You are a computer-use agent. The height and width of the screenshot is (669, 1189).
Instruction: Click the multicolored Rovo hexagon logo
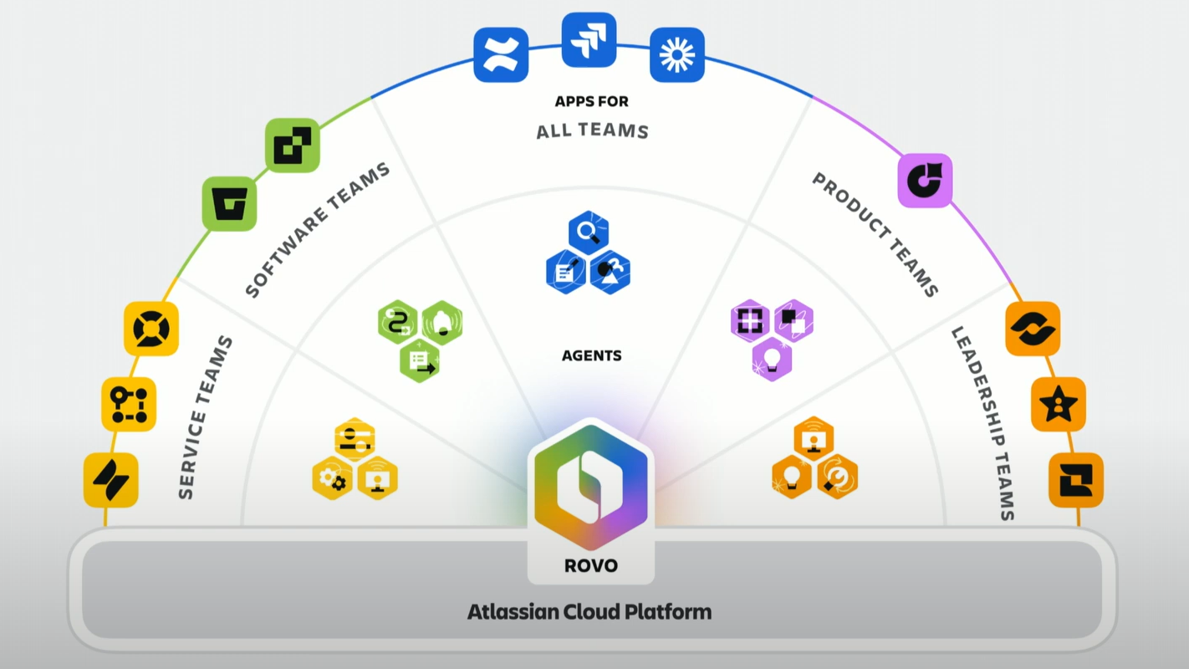pyautogui.click(x=591, y=485)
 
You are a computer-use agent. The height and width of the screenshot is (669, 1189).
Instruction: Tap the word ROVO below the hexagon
pyautogui.click(x=591, y=565)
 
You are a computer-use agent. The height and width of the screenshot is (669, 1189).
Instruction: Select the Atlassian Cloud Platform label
pyautogui.click(x=589, y=611)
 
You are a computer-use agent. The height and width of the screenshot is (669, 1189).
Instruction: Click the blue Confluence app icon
pyautogui.click(x=501, y=55)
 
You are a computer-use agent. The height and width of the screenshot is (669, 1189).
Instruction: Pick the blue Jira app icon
pyautogui.click(x=589, y=39)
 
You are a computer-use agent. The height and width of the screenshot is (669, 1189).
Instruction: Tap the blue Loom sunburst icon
pyautogui.click(x=676, y=55)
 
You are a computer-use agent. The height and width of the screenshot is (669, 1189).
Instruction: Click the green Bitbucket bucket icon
pyautogui.click(x=230, y=204)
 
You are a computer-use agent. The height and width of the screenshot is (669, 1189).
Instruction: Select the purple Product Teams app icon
pyautogui.click(x=925, y=181)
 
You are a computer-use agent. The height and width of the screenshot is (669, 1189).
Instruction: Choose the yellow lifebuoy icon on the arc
pyautogui.click(x=151, y=329)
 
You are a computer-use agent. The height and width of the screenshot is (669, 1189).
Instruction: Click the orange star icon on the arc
pyautogui.click(x=1058, y=405)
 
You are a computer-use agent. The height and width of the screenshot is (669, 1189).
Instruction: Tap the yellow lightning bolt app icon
pyautogui.click(x=111, y=480)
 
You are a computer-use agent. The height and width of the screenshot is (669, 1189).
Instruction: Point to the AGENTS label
pyautogui.click(x=591, y=355)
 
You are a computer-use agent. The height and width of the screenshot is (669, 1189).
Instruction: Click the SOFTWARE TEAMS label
pyautogui.click(x=318, y=230)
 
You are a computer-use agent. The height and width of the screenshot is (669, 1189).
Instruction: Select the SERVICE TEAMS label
pyautogui.click(x=206, y=417)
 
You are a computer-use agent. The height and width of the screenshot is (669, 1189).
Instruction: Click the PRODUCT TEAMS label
pyautogui.click(x=875, y=234)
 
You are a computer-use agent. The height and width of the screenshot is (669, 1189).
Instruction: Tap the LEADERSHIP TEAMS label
pyautogui.click(x=983, y=423)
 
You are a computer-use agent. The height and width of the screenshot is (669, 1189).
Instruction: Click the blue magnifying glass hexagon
pyautogui.click(x=589, y=233)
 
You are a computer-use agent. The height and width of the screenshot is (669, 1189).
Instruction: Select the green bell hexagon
pyautogui.click(x=441, y=322)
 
